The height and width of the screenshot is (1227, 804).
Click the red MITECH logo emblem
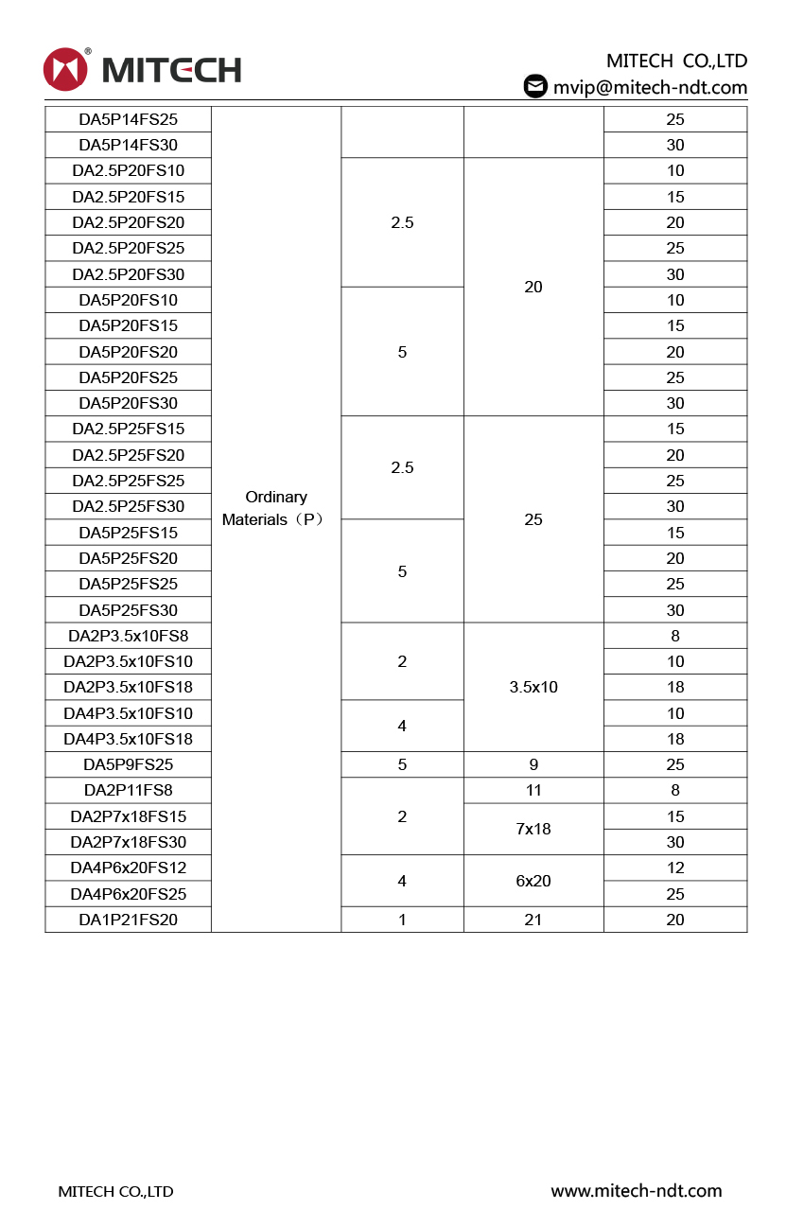[x=65, y=69]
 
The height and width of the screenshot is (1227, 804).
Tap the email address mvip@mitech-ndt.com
[x=650, y=87]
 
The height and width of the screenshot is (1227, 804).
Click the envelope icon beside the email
[x=535, y=86]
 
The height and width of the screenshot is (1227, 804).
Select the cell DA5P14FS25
[x=128, y=119]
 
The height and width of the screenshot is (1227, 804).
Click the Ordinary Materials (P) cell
[x=275, y=508]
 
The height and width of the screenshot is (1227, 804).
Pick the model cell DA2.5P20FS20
[x=128, y=222]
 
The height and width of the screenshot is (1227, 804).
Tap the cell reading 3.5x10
[x=533, y=687]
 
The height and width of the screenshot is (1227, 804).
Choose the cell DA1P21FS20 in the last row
[x=128, y=920]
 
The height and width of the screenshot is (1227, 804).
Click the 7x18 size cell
[x=533, y=829]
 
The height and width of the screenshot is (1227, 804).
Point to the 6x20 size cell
[x=533, y=881]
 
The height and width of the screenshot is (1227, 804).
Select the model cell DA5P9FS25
[x=128, y=764]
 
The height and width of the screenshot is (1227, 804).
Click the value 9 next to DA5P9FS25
[x=533, y=764]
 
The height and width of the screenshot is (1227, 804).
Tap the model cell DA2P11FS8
[x=128, y=790]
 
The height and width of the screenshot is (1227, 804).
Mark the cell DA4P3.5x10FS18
[x=128, y=739]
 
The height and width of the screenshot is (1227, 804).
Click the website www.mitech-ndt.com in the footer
[x=636, y=1191]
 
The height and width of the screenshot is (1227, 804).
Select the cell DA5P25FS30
[x=128, y=610]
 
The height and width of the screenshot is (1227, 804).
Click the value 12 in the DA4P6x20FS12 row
[x=674, y=868]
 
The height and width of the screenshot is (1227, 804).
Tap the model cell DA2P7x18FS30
[x=128, y=842]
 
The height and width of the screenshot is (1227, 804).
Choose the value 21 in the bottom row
[x=533, y=920]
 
